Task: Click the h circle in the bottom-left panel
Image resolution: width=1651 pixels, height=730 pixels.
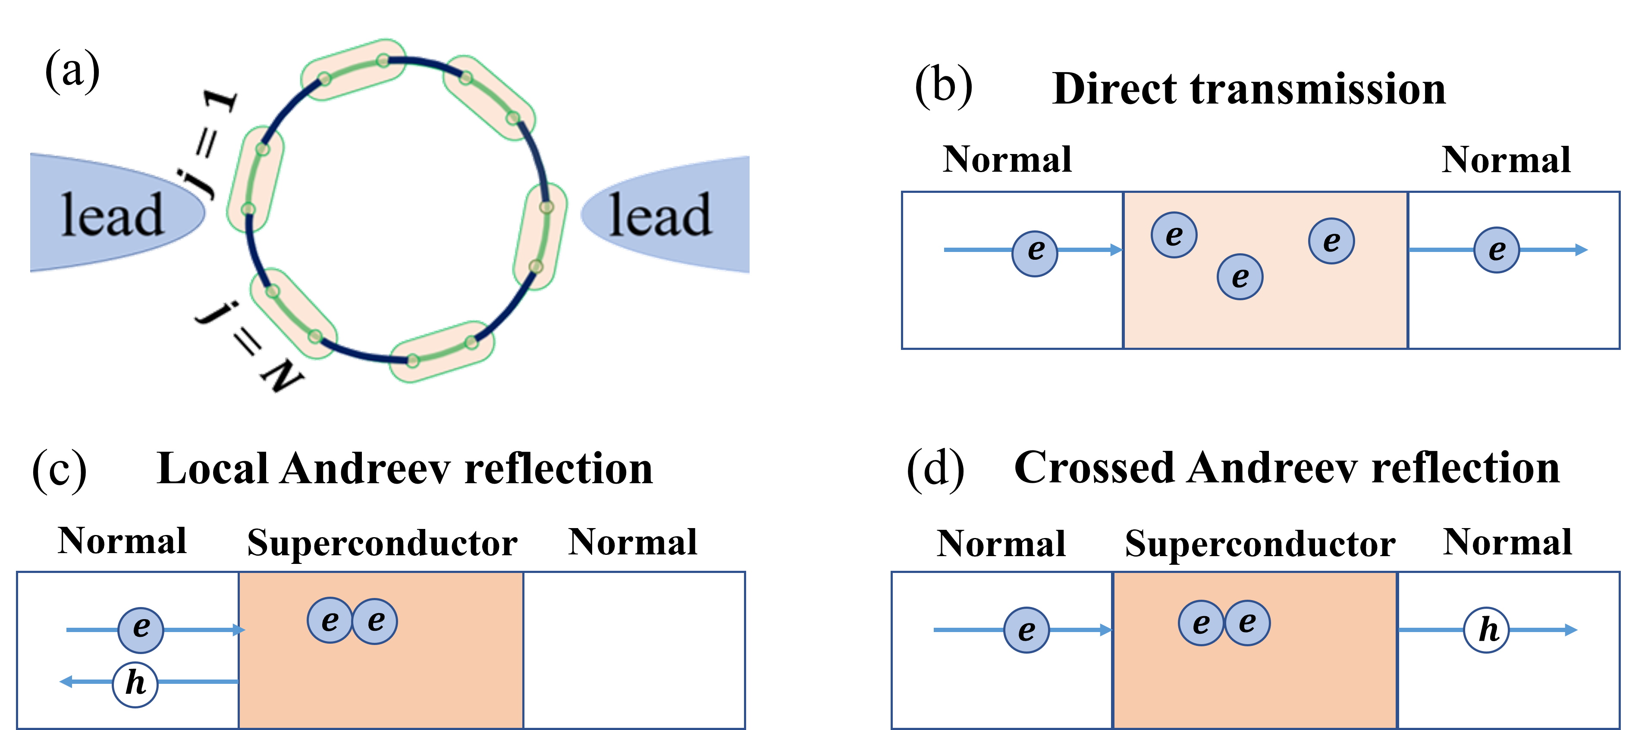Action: [x=135, y=684]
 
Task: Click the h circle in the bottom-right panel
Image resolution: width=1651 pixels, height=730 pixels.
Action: [x=1487, y=630]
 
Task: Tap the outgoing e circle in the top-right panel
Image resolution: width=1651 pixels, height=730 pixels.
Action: [x=1497, y=250]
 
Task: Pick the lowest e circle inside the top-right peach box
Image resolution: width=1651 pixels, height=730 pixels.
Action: [x=1240, y=277]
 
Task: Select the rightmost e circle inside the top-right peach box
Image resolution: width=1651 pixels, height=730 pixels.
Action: [x=1331, y=241]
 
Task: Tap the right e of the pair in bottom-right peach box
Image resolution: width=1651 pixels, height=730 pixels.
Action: [x=1247, y=622]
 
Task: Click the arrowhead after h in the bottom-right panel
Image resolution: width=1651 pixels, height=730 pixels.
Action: [x=1572, y=630]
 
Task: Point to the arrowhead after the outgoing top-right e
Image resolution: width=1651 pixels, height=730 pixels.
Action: [x=1582, y=250]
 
